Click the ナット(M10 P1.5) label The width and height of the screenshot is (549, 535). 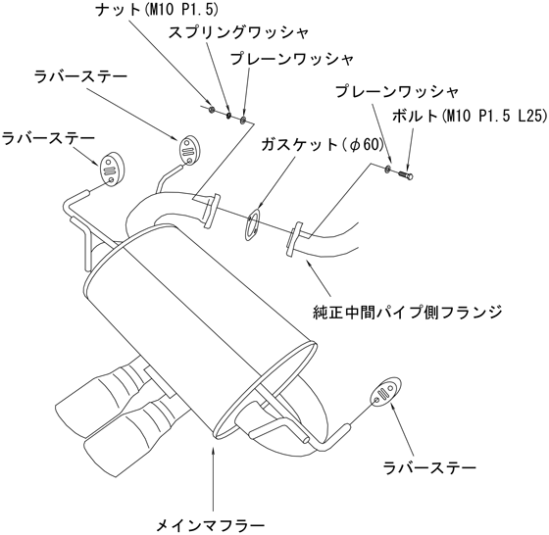[157, 10]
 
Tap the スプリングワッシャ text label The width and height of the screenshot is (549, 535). [238, 32]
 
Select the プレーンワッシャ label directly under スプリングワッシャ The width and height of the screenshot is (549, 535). [291, 60]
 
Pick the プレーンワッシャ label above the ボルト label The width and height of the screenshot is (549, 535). [397, 92]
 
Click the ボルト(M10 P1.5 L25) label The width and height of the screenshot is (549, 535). [470, 116]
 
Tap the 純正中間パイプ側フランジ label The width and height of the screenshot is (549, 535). [408, 313]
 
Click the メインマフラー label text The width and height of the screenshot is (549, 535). [210, 526]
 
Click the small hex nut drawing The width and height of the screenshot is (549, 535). [211, 110]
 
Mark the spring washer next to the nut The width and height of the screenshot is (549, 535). [228, 115]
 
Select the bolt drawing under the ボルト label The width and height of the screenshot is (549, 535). [406, 172]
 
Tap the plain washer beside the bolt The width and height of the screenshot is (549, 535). [388, 169]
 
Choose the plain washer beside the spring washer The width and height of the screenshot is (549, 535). [243, 120]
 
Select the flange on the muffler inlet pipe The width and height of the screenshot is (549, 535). [212, 212]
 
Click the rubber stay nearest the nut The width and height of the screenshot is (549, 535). [188, 149]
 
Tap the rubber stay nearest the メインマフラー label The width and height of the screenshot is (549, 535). [385, 393]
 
